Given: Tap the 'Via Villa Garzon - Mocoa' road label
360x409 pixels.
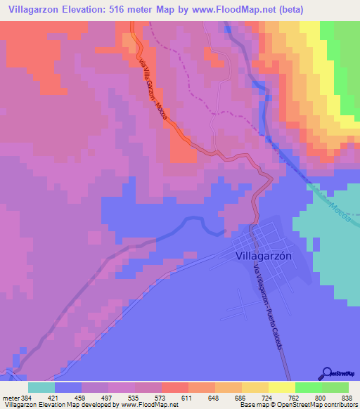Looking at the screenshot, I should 151,83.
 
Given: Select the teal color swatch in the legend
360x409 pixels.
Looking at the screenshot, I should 41,387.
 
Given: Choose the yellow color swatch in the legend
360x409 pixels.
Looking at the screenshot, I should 281,387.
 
